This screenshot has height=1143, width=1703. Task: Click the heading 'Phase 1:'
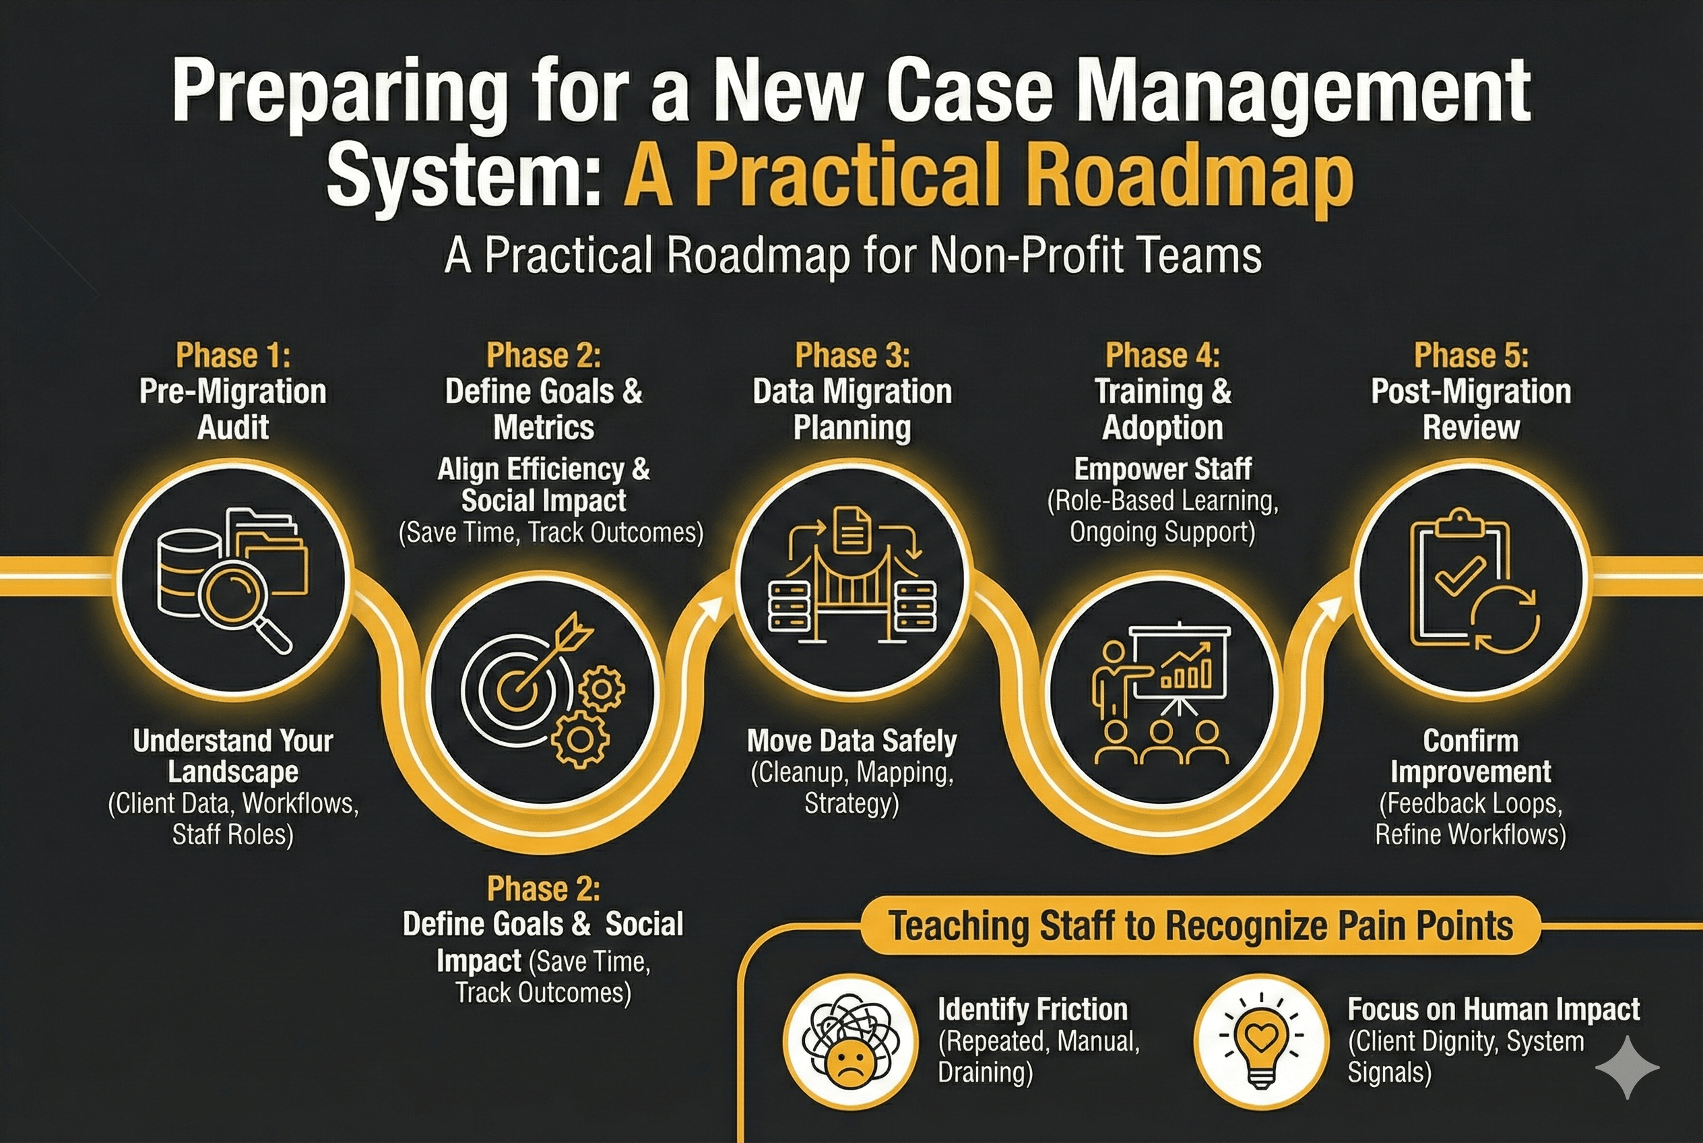233,356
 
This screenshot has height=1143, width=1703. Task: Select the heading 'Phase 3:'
852,356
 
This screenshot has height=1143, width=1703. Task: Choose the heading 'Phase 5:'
1471,356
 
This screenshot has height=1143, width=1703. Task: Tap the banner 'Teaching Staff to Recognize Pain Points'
1200,926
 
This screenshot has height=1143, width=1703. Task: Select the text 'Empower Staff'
1162,468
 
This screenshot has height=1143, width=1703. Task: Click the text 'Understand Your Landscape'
233,756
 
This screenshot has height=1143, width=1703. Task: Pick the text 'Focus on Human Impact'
1493,1010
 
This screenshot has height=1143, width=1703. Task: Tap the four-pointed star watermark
1626,1068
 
